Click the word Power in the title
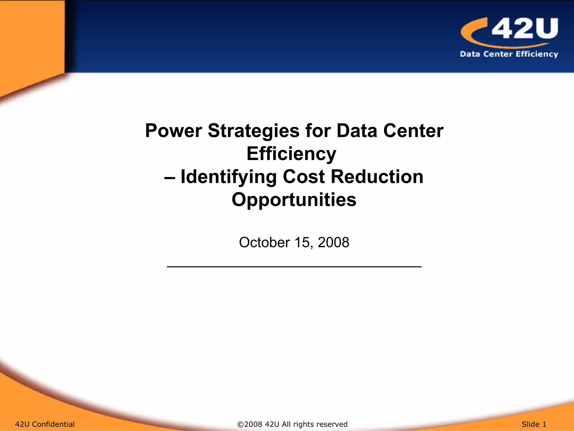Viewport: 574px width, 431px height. [173, 131]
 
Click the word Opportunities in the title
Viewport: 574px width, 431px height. [294, 200]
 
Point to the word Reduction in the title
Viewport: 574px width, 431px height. [377, 177]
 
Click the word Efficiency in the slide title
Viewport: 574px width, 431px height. [291, 154]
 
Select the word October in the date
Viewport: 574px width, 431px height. [264, 242]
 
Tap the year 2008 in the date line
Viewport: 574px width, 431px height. [333, 242]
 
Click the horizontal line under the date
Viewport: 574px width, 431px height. [294, 267]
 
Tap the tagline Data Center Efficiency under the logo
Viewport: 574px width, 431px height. [509, 54]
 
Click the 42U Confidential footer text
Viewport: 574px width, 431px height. [45, 424]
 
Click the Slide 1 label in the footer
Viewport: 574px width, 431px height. [534, 424]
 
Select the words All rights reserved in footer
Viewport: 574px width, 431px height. [314, 424]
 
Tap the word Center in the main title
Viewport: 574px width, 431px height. [413, 131]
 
